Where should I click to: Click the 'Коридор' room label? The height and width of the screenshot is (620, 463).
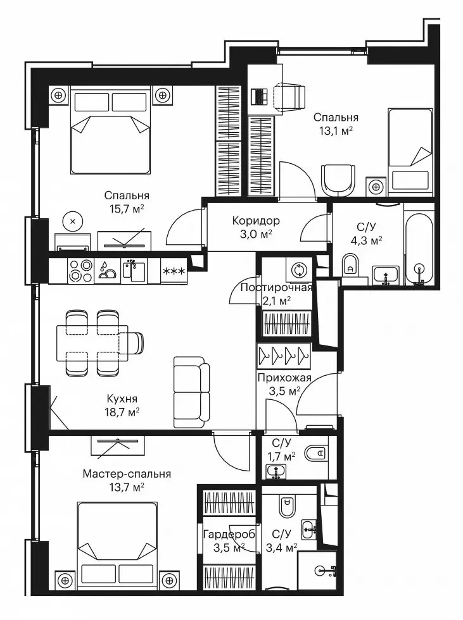pyautogui.click(x=256, y=220)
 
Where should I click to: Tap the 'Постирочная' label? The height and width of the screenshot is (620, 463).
pyautogui.click(x=276, y=287)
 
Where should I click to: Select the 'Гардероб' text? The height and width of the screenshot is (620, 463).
pyautogui.click(x=229, y=535)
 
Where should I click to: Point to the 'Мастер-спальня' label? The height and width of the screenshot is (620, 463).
pyautogui.click(x=127, y=474)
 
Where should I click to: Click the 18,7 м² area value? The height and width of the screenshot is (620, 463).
pyautogui.click(x=120, y=412)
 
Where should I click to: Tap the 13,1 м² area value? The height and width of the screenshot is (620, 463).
pyautogui.click(x=336, y=131)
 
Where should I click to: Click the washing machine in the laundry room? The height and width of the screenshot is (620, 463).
pyautogui.click(x=299, y=270)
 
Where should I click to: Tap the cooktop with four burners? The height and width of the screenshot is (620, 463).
pyautogui.click(x=80, y=271)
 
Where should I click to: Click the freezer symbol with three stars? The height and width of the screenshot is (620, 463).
pyautogui.click(x=174, y=271)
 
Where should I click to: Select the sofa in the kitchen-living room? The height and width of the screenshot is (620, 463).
pyautogui.click(x=191, y=392)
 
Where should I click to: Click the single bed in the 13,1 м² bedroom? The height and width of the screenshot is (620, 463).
pyautogui.click(x=410, y=152)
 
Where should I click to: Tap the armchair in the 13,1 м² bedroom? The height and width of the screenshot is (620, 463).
pyautogui.click(x=338, y=180)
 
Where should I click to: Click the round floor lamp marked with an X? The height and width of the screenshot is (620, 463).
pyautogui.click(x=73, y=221)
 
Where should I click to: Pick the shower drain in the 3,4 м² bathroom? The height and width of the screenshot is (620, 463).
pyautogui.click(x=321, y=570)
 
